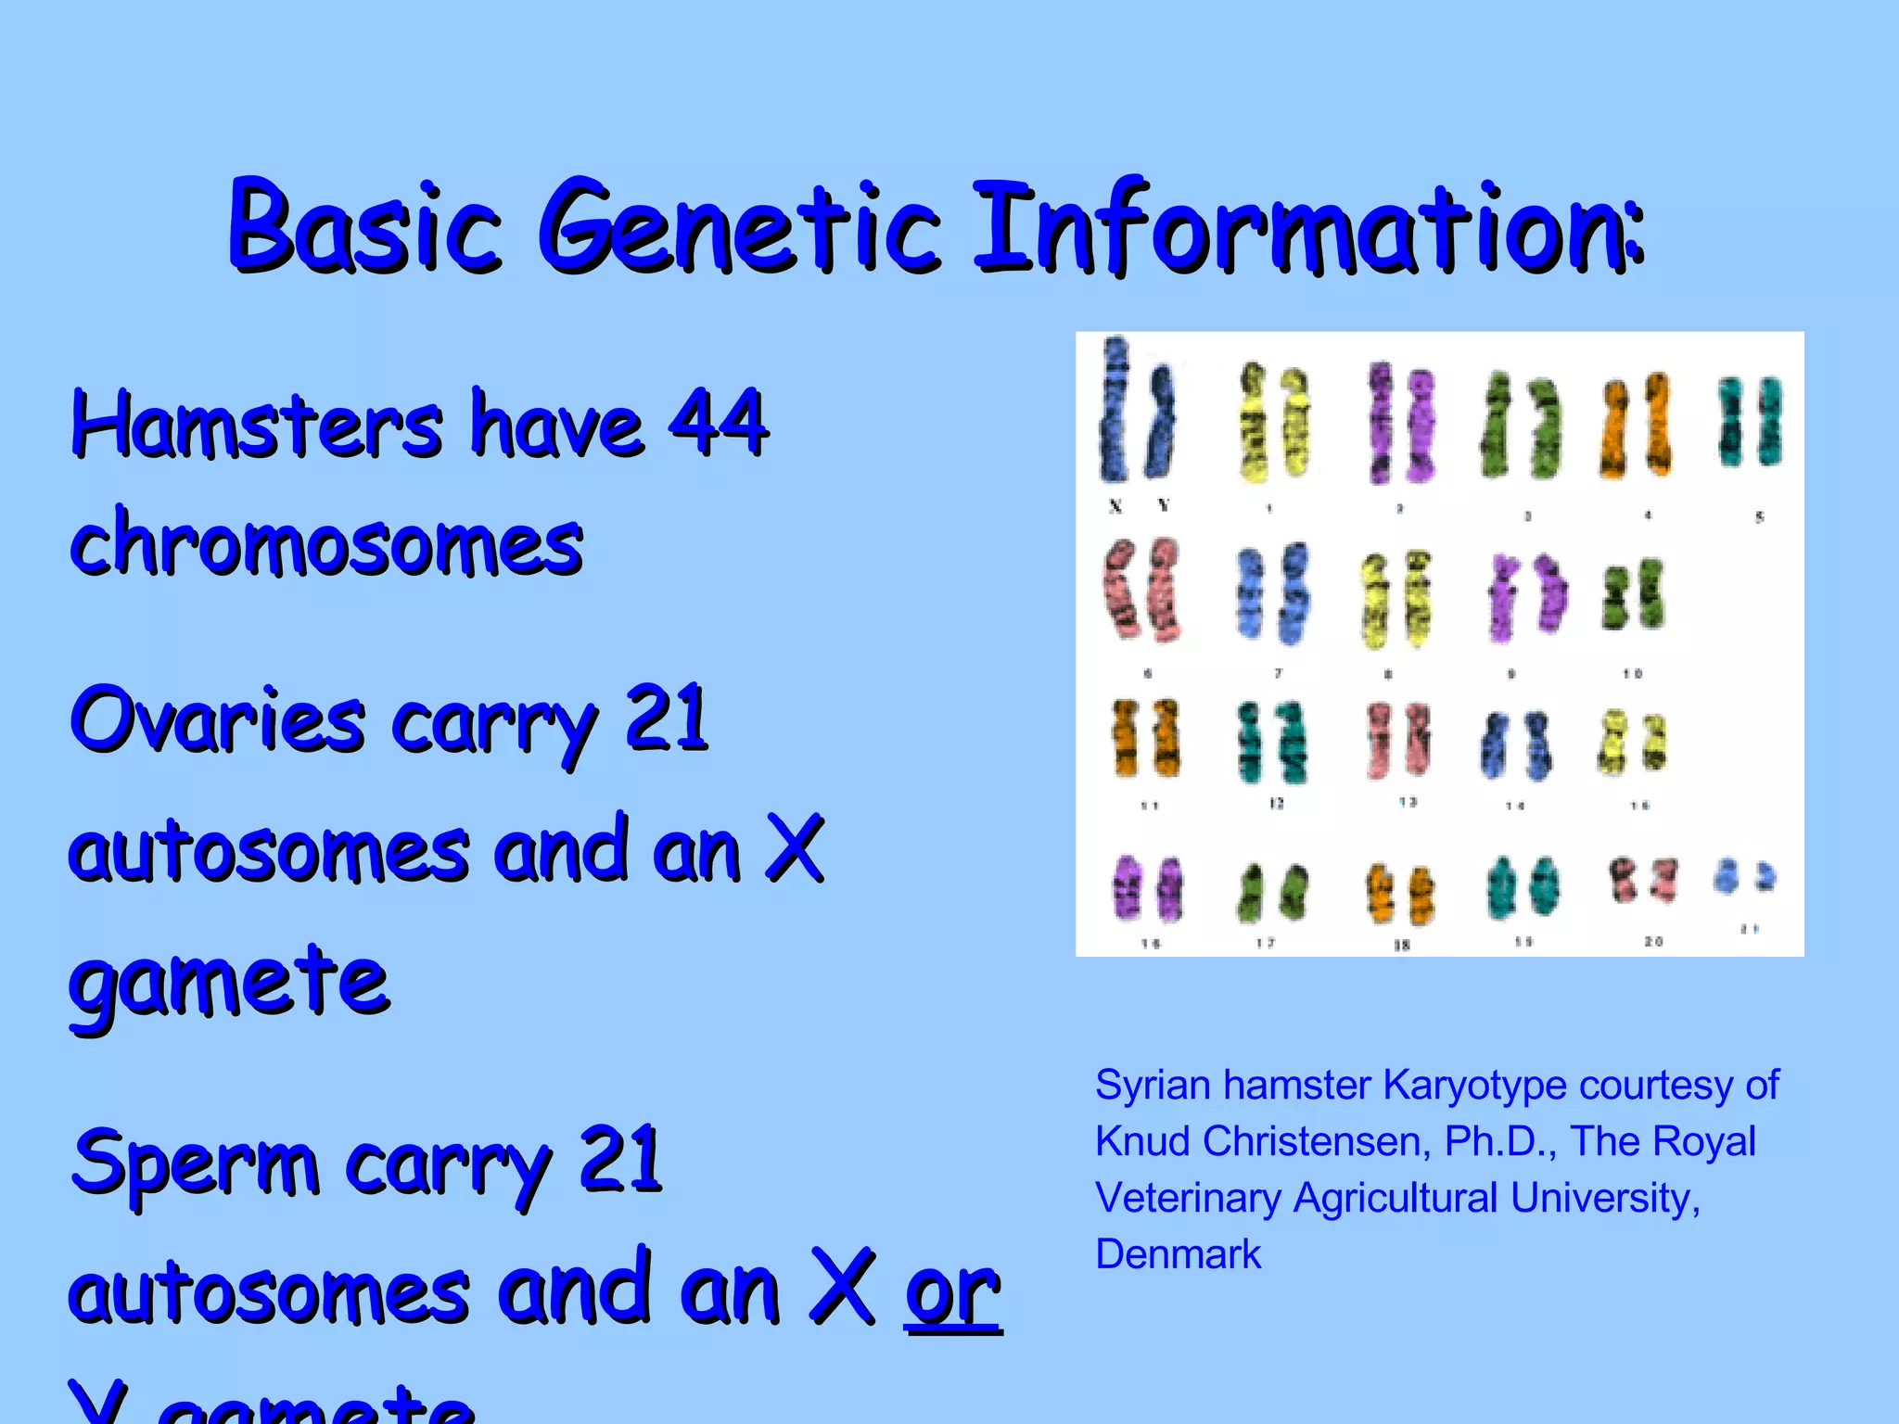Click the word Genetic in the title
739,227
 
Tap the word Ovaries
217,721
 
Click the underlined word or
953,1292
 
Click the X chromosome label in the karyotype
1115,506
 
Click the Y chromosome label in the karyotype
1164,505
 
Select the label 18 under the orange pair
1401,945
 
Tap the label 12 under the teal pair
1276,804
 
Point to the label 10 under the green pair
1632,673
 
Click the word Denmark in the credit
1178,1254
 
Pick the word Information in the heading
1307,227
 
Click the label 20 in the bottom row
1653,941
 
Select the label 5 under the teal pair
1759,516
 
